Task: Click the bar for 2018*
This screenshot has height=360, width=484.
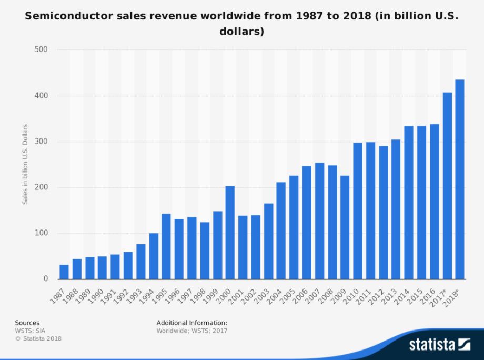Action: (x=460, y=179)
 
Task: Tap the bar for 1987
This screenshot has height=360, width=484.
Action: (x=64, y=272)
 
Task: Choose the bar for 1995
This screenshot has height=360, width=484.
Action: (x=166, y=246)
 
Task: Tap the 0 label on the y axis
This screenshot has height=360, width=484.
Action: (x=45, y=279)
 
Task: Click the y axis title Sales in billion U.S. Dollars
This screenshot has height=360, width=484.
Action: (x=25, y=165)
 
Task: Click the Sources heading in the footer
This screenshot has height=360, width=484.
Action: (x=27, y=323)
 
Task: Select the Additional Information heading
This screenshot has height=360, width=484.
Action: (x=191, y=323)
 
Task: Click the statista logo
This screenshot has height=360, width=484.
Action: (x=440, y=345)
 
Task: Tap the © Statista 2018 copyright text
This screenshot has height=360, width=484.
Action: (x=38, y=338)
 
